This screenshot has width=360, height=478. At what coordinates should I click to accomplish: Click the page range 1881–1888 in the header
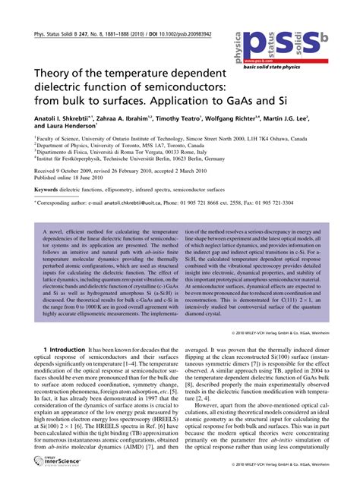tap(114, 35)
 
